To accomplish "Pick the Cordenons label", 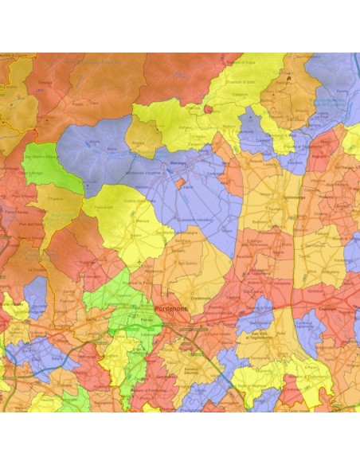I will [x=199, y=294].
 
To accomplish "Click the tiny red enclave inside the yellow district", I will [x=209, y=110].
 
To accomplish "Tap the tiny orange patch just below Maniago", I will [x=180, y=183].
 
